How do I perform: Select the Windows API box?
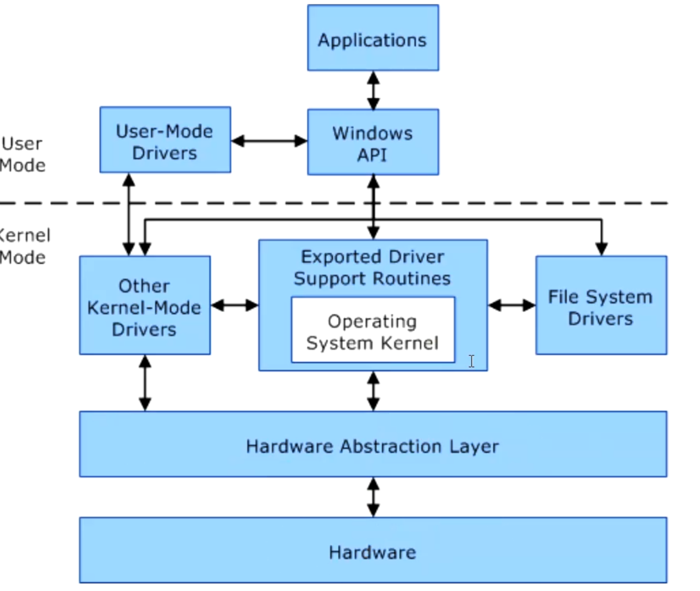point(373,142)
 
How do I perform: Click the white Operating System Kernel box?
point(373,330)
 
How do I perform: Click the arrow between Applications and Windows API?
point(373,91)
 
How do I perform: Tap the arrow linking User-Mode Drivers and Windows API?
point(269,141)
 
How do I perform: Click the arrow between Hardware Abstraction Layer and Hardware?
point(373,497)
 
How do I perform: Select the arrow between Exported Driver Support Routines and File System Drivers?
point(512,306)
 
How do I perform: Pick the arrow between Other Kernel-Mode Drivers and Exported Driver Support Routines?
point(234,306)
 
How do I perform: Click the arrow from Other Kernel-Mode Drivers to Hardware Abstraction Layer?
point(145,383)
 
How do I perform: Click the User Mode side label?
point(22,154)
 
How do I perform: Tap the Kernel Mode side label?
point(24,246)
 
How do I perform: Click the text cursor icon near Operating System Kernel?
point(471,361)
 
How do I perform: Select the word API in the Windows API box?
point(372,155)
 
